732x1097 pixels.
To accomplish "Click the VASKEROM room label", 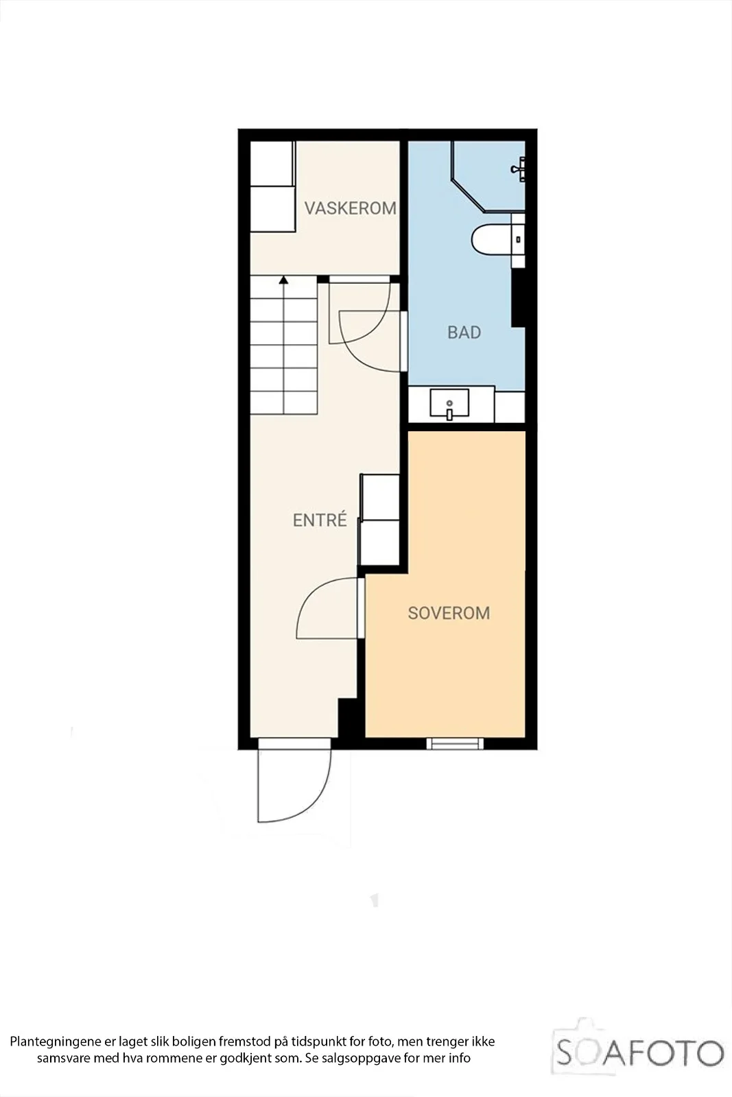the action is point(351,208).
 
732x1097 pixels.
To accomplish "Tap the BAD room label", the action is point(464,333).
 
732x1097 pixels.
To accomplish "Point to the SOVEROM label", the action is point(449,613).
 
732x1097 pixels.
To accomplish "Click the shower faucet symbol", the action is point(519,169).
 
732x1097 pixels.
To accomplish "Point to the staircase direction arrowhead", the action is point(283,280).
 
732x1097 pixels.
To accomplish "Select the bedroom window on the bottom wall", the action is point(455,743).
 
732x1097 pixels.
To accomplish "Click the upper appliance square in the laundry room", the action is point(272,164).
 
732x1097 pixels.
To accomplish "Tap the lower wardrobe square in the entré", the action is point(379,543).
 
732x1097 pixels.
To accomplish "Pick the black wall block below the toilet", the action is point(519,298).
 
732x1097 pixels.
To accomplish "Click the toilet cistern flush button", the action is point(519,239).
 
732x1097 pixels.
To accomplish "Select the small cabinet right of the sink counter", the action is point(510,406).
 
